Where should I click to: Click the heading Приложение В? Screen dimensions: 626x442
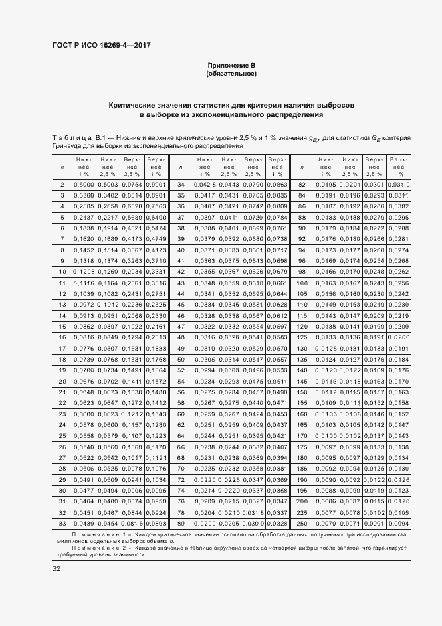[231, 65]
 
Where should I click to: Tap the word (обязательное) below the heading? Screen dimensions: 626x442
[231, 74]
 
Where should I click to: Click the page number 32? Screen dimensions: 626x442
[56, 568]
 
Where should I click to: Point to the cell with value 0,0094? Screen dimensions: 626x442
[398, 523]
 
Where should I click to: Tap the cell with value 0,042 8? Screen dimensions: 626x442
[204, 184]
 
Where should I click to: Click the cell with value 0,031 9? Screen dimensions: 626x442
[398, 184]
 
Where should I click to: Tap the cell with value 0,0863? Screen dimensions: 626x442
[277, 184]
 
